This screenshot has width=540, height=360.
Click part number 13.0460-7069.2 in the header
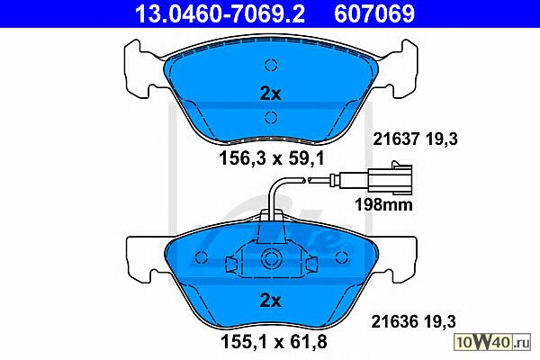pos(220,13)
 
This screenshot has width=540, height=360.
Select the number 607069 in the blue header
pos(374,13)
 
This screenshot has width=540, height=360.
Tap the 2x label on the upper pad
pos(270,94)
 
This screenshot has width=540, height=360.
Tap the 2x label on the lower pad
pos(270,301)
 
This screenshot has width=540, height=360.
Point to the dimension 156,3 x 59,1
pos(272,158)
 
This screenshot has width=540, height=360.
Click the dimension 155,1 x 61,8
pos(274,342)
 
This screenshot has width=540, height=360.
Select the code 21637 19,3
pos(415,139)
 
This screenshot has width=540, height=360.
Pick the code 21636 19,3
pos(414,322)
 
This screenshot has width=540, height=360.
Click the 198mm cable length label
pos(383,204)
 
